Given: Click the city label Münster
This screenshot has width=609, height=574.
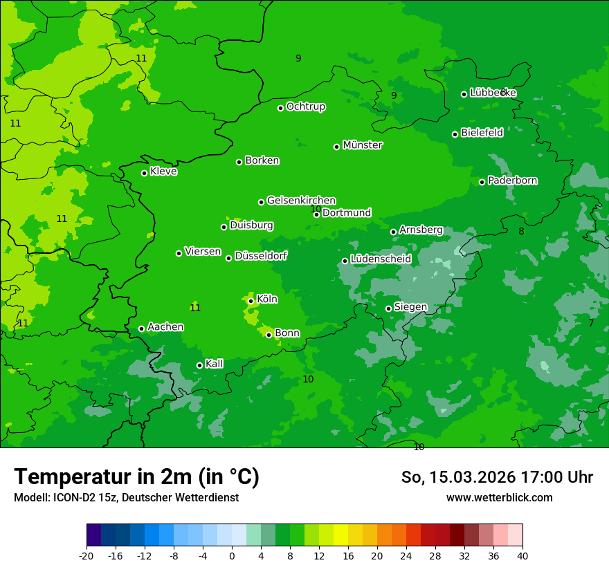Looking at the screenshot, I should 363,145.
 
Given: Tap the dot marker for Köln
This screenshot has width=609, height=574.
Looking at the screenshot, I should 251,301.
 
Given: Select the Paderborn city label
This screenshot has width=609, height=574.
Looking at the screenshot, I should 513,180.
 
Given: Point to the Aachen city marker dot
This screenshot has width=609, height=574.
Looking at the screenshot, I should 141,328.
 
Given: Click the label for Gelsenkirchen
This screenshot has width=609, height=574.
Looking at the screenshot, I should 301,201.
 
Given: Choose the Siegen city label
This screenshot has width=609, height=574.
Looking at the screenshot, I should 410,307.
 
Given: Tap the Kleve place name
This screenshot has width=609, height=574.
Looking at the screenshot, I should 163,172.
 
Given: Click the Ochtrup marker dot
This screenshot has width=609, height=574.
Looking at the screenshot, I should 280,108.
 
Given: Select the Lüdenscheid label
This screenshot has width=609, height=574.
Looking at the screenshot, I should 381,259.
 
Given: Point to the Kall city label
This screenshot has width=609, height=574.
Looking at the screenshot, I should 215,364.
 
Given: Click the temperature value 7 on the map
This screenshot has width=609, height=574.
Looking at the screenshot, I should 591,323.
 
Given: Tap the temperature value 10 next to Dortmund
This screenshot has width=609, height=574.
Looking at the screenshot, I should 316,209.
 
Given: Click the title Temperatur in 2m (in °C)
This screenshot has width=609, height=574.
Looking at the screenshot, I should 136,477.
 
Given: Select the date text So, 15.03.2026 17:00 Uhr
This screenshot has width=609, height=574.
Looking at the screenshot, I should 497,477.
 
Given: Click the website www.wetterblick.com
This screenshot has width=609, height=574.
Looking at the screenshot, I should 499,497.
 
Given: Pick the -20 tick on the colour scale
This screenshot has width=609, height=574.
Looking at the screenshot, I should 87,555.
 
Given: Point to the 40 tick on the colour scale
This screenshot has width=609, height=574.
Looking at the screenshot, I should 522,555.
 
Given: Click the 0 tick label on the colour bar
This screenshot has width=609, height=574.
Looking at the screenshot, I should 232,555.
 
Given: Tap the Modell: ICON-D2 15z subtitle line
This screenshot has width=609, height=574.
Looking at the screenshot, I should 126,497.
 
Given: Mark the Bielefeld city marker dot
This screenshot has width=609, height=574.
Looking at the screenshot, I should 455,134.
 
